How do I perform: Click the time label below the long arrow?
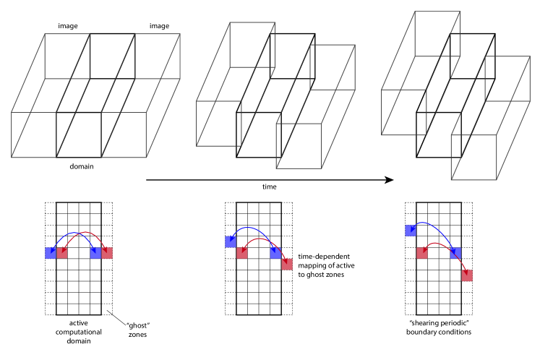click(x=269, y=187)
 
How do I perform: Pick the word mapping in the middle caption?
click(x=311, y=265)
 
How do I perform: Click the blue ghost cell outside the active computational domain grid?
click(x=50, y=252)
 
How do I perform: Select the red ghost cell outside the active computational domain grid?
click(x=106, y=252)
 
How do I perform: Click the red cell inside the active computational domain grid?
click(x=61, y=252)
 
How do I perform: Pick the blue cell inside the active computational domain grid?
click(x=95, y=252)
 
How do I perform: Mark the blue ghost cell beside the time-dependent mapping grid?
click(x=231, y=241)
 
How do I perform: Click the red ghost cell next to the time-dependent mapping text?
click(x=287, y=263)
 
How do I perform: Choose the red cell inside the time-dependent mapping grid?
click(x=242, y=252)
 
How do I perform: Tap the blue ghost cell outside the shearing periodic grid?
click(x=410, y=230)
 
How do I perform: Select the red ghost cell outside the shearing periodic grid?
click(x=467, y=275)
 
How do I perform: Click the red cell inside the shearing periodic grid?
click(x=421, y=252)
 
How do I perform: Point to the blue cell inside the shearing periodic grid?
click(x=455, y=252)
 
